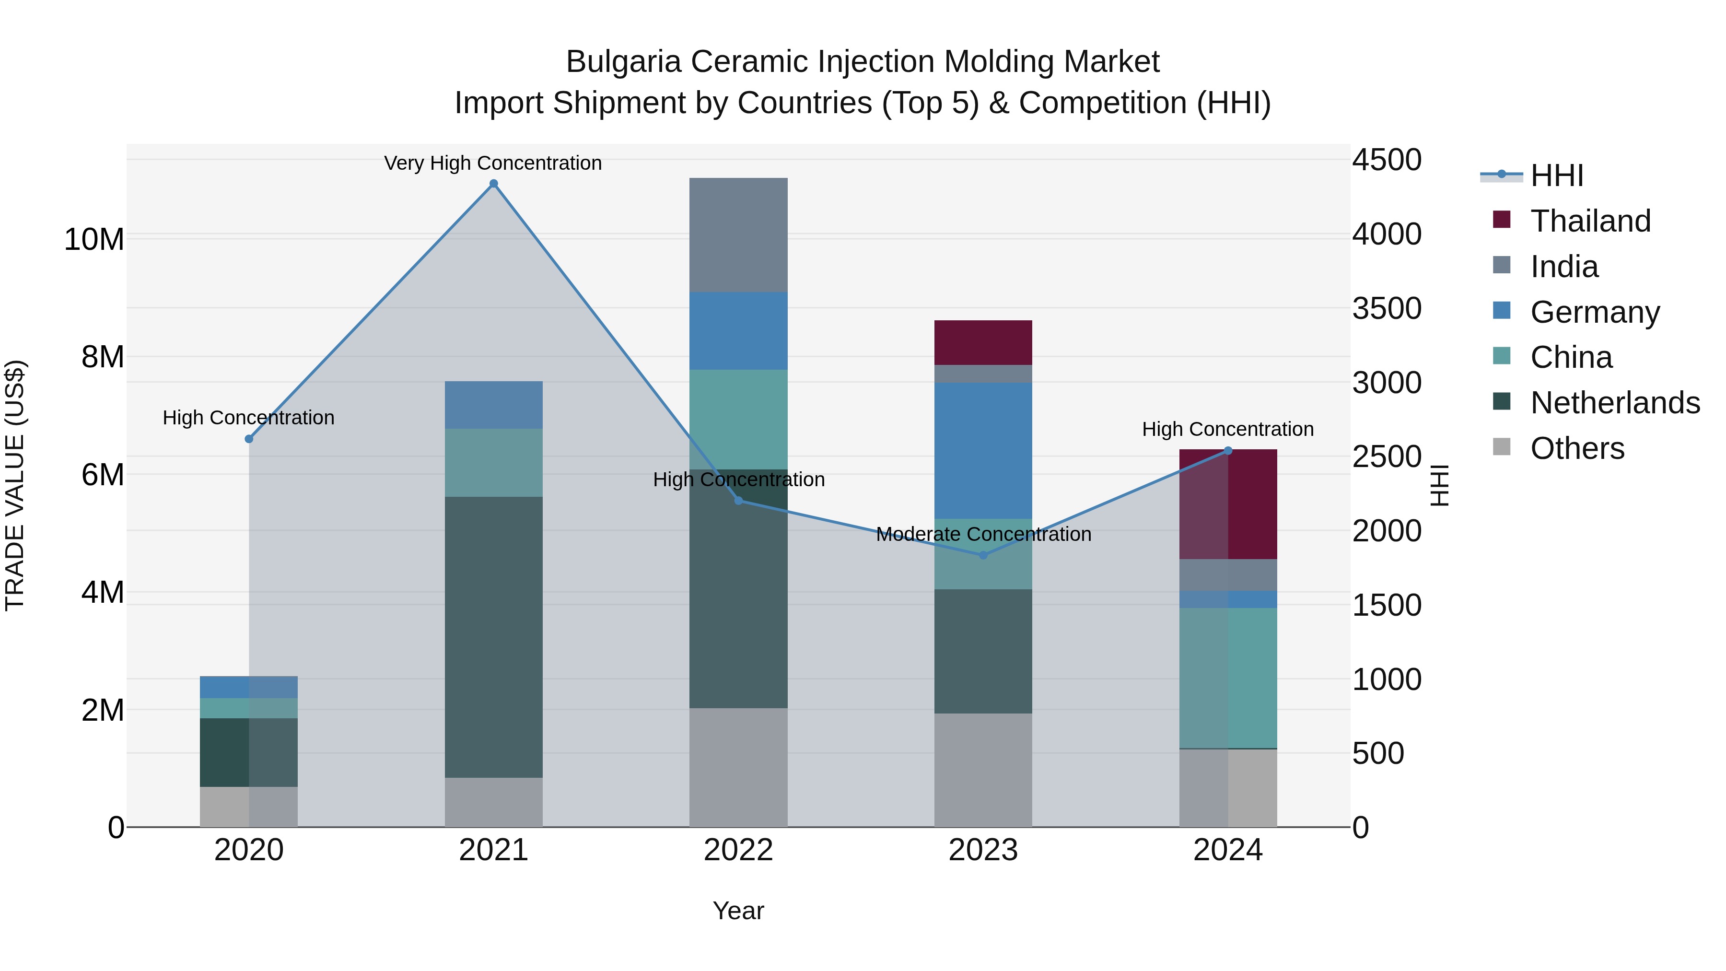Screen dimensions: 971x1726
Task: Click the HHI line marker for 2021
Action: [494, 184]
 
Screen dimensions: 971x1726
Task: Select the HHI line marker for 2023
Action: [983, 555]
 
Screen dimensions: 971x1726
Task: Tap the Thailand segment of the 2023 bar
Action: [983, 342]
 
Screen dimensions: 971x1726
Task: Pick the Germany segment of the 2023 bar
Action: [983, 450]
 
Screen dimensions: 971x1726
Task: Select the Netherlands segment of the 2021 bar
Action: [494, 637]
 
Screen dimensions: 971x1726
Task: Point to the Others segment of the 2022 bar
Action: [738, 767]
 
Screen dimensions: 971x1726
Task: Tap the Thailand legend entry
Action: [1590, 221]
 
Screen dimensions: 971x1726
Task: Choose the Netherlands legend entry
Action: [1614, 403]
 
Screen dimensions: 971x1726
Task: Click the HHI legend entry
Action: [1556, 175]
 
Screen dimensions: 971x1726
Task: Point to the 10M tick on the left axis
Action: [94, 239]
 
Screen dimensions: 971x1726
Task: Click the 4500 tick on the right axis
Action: [1386, 160]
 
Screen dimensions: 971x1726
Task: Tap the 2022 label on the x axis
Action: [738, 850]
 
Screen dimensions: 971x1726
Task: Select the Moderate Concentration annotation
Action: [983, 534]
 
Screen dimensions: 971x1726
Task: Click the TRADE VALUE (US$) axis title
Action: [15, 485]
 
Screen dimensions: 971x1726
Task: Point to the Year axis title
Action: [738, 911]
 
